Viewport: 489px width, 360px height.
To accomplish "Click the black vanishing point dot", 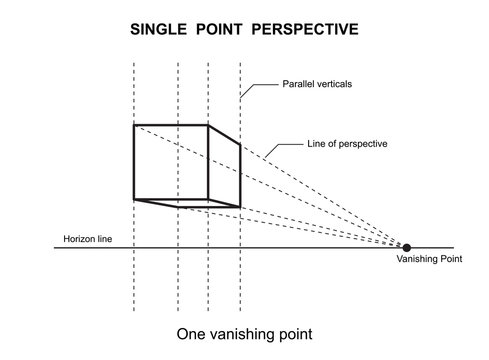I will [x=407, y=247].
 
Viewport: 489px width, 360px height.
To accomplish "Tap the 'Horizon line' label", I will [x=85, y=240].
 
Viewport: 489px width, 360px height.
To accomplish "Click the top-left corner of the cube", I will [x=135, y=124].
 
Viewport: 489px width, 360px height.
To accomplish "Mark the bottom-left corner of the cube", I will [x=135, y=199].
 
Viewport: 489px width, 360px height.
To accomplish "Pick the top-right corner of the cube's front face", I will [x=208, y=124].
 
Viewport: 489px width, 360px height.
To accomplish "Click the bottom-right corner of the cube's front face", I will [x=208, y=199].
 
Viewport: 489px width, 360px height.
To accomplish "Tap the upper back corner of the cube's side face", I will [x=241, y=145].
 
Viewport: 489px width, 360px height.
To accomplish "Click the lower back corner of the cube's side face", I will [x=241, y=207].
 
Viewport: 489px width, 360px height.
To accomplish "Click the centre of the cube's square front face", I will [x=171, y=161].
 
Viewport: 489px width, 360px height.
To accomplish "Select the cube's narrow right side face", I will [x=224, y=168].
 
